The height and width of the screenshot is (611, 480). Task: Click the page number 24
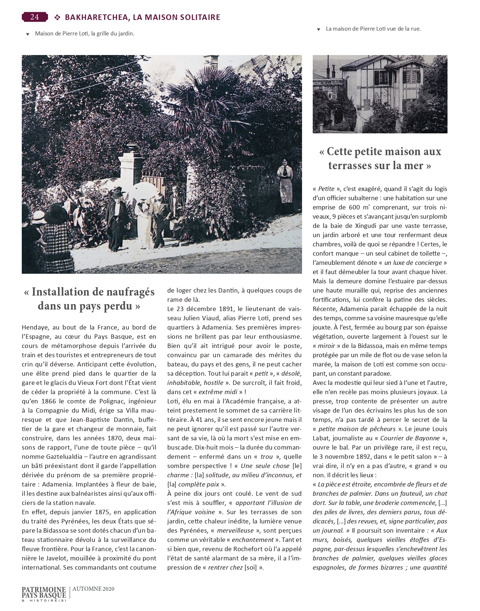pyautogui.click(x=35, y=17)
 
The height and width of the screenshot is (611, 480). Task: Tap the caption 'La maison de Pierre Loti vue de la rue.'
pyautogui.click(x=373, y=28)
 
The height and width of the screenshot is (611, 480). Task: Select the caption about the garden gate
pyautogui.click(x=85, y=33)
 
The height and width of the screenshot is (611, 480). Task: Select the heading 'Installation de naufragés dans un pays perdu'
pyautogui.click(x=89, y=299)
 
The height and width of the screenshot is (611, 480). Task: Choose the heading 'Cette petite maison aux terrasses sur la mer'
pyautogui.click(x=380, y=158)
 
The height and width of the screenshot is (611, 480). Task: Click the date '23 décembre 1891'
pyautogui.click(x=206, y=308)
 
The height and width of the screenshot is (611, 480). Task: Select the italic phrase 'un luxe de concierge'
pyautogui.click(x=413, y=263)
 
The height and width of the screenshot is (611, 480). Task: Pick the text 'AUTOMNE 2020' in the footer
pyautogui.click(x=93, y=589)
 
